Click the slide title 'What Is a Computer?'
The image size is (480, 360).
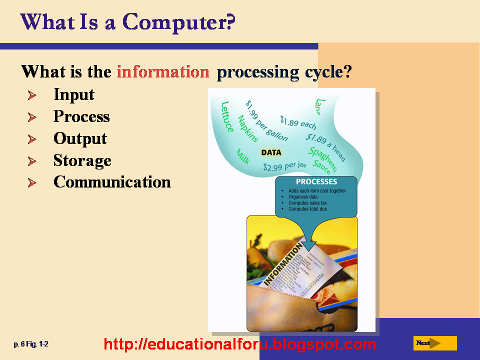click(x=128, y=22)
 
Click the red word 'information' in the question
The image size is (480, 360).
click(x=163, y=72)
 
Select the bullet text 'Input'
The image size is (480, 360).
click(x=74, y=94)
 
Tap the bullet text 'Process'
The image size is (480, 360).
click(x=81, y=116)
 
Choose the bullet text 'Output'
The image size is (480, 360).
click(x=80, y=138)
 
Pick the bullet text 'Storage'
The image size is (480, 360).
click(x=82, y=160)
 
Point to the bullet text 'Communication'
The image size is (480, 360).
click(x=112, y=182)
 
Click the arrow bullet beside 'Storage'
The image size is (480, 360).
click(x=32, y=161)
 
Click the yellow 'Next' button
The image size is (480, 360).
click(x=435, y=343)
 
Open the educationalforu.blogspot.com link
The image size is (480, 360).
click(x=240, y=344)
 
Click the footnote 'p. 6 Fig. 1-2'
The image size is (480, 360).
click(x=31, y=344)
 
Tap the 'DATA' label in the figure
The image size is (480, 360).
click(x=271, y=152)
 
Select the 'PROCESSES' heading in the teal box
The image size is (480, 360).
click(x=316, y=182)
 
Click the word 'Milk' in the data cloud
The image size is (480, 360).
click(x=242, y=156)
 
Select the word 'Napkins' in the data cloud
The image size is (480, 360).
click(x=248, y=129)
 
